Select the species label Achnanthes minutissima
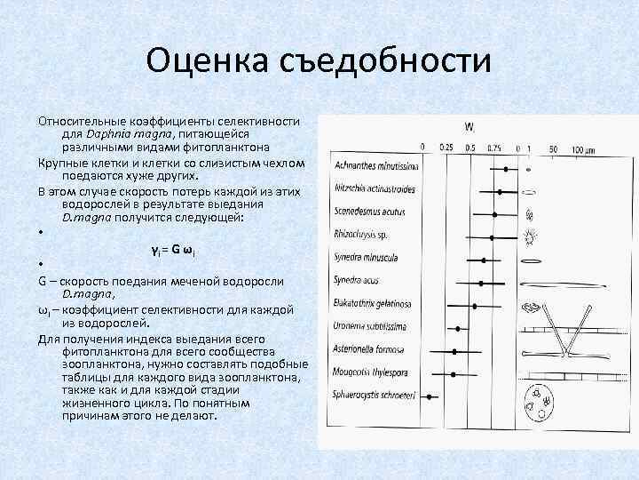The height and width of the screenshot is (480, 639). tap(373, 166)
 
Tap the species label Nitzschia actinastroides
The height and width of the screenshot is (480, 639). tap(375, 189)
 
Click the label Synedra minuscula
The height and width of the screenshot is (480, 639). tap(365, 258)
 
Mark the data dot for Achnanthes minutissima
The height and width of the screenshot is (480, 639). tap(506, 167)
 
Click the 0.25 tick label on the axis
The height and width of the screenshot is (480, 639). tap(446, 148)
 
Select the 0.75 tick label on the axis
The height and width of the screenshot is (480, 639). tap(494, 148)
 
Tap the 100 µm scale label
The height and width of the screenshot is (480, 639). tap(583, 148)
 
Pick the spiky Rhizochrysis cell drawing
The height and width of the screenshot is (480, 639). tap(531, 236)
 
